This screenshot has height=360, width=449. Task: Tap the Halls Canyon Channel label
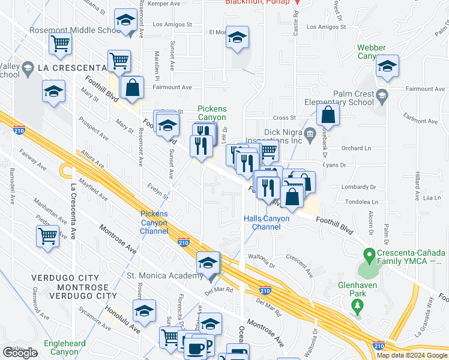(267, 223)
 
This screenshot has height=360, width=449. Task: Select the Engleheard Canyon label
(64, 348)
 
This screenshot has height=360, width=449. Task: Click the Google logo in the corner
(20, 353)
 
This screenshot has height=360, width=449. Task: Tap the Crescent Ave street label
(300, 266)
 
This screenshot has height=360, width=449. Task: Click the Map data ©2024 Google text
(411, 355)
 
